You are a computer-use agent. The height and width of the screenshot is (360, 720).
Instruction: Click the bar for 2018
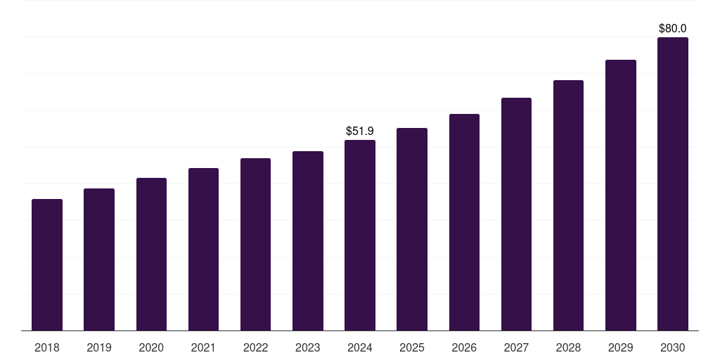click(x=47, y=265)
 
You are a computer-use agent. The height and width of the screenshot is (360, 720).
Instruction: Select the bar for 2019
click(x=99, y=259)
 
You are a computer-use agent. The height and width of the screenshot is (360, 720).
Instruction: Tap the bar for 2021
click(x=203, y=250)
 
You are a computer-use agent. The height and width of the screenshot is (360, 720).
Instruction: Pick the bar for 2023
click(x=308, y=241)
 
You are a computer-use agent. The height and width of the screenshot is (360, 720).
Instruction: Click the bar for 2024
click(x=360, y=236)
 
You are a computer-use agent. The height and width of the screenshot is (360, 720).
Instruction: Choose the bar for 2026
click(x=464, y=222)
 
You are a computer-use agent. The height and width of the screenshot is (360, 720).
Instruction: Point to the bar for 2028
click(x=568, y=205)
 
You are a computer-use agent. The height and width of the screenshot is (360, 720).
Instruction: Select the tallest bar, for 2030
click(x=673, y=184)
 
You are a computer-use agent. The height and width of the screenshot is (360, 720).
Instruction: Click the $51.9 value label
click(x=360, y=131)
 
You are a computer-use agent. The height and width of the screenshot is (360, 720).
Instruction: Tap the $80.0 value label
click(x=673, y=29)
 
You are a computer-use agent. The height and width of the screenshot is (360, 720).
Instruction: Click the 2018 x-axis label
click(x=47, y=347)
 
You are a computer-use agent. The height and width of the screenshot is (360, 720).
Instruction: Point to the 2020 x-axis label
click(x=151, y=347)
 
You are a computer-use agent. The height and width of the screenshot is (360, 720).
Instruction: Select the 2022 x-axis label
click(x=255, y=347)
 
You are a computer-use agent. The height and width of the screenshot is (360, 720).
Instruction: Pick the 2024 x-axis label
click(x=360, y=347)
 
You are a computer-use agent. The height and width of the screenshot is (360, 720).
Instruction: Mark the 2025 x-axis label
click(x=412, y=347)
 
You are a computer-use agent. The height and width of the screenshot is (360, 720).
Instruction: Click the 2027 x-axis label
click(x=516, y=347)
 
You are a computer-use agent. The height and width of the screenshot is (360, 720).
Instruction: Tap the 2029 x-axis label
click(x=620, y=347)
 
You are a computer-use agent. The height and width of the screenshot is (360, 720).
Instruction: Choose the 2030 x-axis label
click(x=673, y=347)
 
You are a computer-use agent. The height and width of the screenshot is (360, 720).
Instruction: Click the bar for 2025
click(x=412, y=229)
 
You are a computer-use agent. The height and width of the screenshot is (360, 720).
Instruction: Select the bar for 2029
click(x=620, y=195)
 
